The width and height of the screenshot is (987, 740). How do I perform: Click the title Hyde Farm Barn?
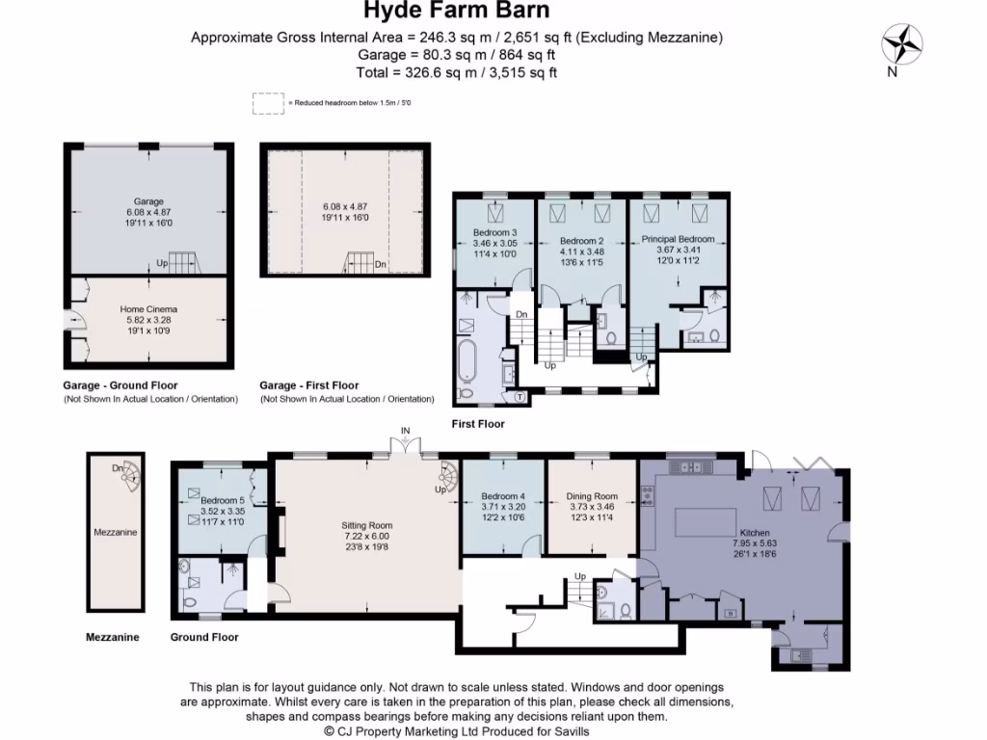click(457, 12)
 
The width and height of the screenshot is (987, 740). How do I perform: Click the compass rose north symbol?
click(903, 43)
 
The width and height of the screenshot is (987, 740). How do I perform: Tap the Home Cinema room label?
click(148, 309)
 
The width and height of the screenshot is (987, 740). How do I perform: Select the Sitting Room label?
click(367, 525)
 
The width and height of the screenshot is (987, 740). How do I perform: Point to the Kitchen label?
click(755, 532)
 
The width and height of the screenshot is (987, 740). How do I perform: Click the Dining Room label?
click(592, 496)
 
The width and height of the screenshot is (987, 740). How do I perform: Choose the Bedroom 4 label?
click(503, 497)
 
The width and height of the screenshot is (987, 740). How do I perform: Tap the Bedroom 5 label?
click(223, 500)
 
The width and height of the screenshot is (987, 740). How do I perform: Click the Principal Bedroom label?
click(680, 239)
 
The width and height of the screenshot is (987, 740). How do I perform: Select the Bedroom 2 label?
click(582, 240)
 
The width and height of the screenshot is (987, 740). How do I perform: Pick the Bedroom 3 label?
click(494, 233)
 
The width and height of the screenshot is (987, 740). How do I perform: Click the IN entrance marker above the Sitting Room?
click(407, 431)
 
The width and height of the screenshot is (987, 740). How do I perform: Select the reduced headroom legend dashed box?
click(268, 103)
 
